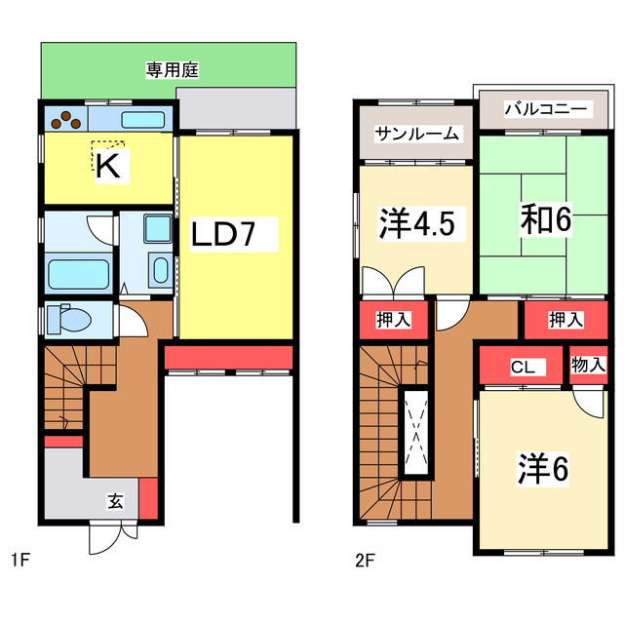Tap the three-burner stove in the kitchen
[x=66, y=119]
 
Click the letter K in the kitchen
[x=108, y=167]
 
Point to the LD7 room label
[x=235, y=235]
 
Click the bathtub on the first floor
[x=78, y=274]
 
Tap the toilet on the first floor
[x=72, y=319]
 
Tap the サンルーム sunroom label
[x=416, y=135]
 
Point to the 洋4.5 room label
[x=415, y=221]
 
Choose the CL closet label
[x=522, y=369]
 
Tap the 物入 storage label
[x=589, y=365]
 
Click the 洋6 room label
[x=542, y=469]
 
